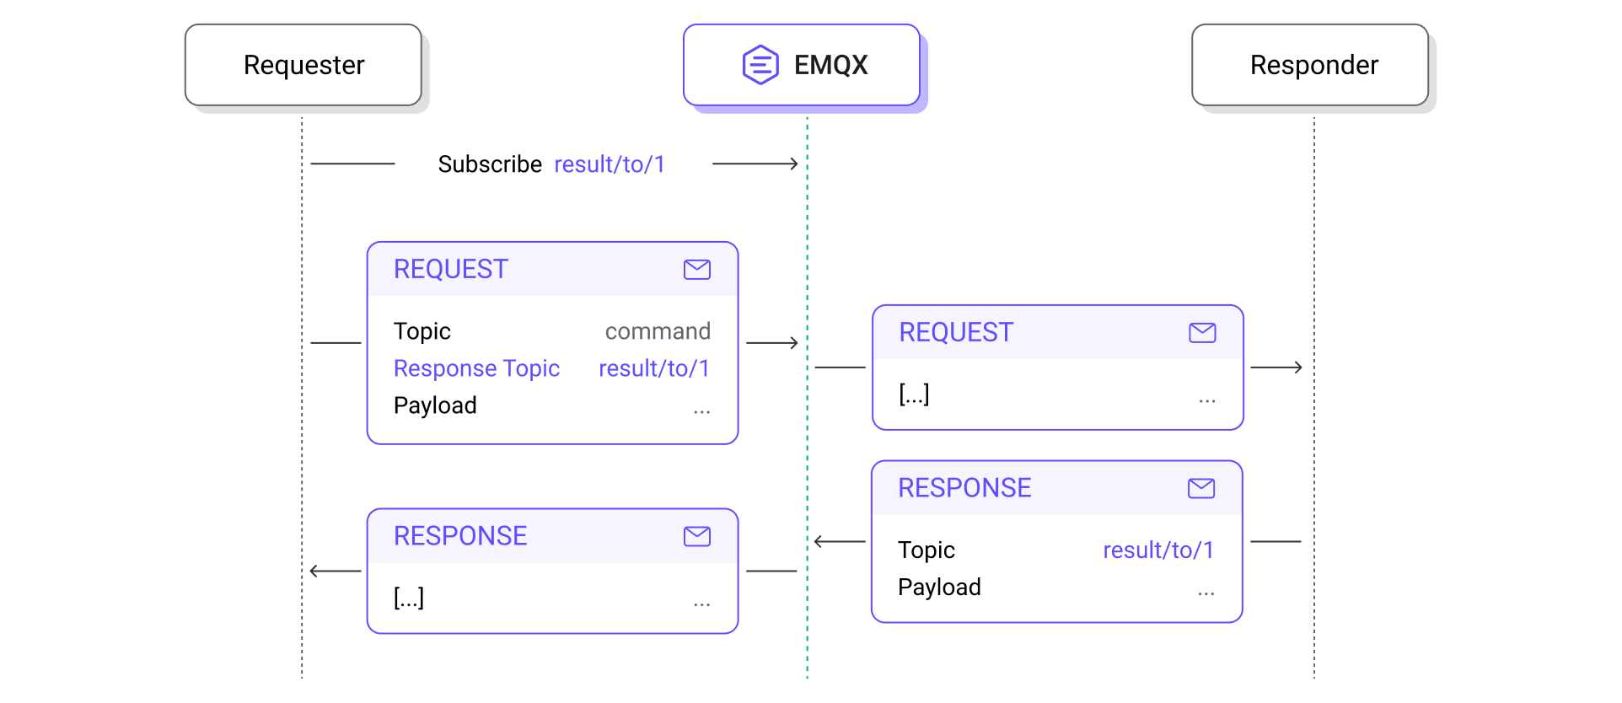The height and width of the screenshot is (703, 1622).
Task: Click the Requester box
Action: pos(303,65)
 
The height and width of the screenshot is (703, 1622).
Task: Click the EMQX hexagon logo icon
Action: pos(760,65)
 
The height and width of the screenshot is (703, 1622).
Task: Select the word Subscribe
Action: pos(489,164)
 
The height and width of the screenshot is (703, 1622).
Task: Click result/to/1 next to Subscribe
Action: pos(610,164)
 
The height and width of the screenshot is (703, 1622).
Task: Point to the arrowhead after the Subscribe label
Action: pos(792,164)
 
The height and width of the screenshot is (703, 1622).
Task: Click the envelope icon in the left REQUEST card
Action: pos(696,270)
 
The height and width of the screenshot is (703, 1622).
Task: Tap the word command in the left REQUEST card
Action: pos(658,331)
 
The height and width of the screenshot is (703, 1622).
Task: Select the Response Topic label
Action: pos(476,368)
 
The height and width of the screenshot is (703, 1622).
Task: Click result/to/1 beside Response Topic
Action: pos(654,368)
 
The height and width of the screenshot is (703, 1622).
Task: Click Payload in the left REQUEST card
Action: pos(435,405)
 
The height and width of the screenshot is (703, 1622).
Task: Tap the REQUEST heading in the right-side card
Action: pos(955,333)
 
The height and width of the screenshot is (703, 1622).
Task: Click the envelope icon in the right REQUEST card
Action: pos(1202,333)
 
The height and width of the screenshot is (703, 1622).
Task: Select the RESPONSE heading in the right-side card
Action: pos(964,488)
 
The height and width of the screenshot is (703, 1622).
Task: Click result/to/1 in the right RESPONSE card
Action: pos(1158,550)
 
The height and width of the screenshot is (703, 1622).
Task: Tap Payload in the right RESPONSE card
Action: pos(939,588)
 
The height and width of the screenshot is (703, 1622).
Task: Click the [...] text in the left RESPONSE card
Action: pos(409,598)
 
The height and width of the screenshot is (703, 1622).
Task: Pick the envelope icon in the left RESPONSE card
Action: pos(696,536)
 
